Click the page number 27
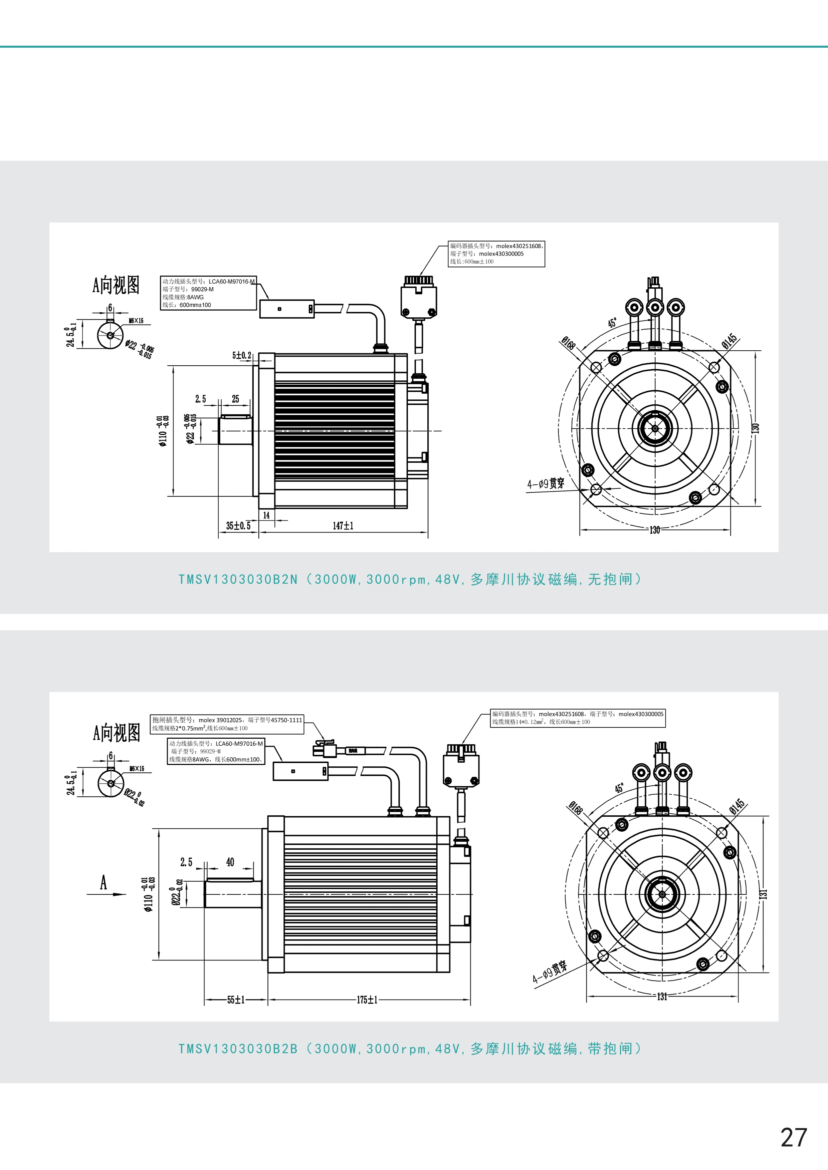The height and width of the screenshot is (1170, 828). click(794, 1137)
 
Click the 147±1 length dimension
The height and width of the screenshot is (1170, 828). click(343, 525)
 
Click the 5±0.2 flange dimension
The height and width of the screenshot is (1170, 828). click(242, 355)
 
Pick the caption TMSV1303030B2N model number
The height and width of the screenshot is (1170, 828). click(238, 579)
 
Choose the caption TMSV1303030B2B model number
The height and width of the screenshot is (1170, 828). click(238, 1048)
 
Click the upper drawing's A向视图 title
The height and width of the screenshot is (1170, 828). click(116, 285)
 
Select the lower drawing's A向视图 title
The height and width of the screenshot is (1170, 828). click(116, 732)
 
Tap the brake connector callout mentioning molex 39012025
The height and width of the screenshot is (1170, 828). click(227, 720)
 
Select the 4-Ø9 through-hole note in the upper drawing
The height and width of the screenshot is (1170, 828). click(546, 483)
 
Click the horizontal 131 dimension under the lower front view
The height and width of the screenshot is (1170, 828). click(662, 996)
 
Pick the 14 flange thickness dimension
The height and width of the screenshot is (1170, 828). click(266, 515)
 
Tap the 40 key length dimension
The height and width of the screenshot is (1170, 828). click(230, 862)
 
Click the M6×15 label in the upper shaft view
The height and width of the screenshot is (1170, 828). click(136, 321)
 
